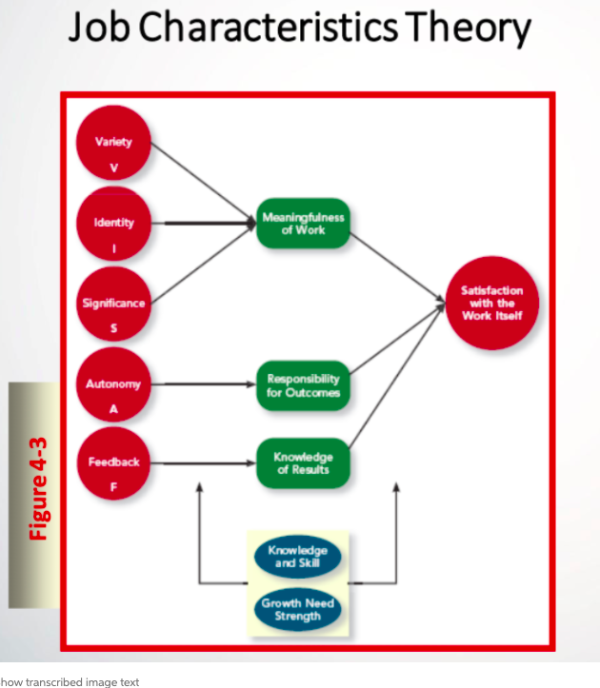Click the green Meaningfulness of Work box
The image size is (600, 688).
[x=303, y=224]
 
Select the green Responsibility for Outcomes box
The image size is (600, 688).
[x=303, y=385]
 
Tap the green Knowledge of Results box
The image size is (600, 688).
[x=303, y=463]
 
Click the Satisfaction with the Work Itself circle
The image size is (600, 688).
[x=491, y=303]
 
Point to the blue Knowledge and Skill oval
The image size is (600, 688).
[x=297, y=557]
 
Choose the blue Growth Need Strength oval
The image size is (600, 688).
[x=297, y=610]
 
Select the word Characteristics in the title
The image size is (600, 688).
[x=270, y=30]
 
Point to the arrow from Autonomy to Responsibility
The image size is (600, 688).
[x=205, y=385]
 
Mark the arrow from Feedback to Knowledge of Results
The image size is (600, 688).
[x=205, y=463]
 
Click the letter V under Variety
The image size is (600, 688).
[x=114, y=167]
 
